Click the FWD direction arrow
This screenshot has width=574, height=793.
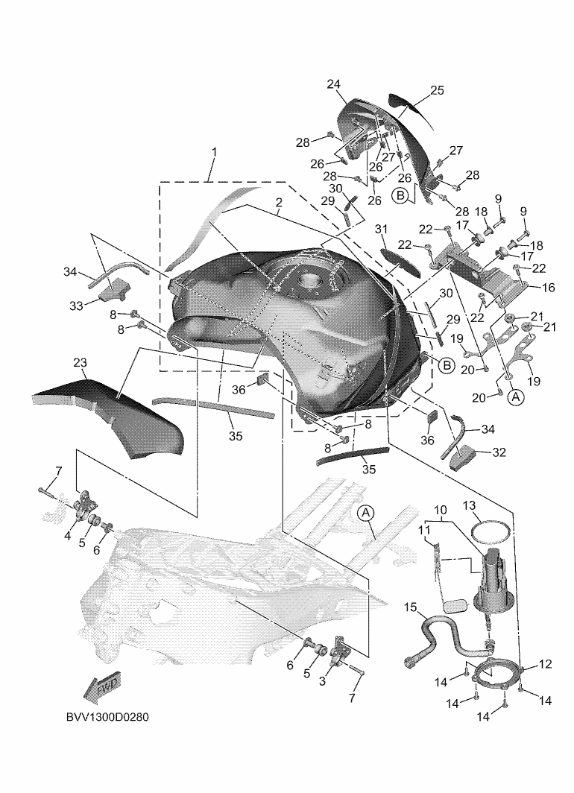(102, 689)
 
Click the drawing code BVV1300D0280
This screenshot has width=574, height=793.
(107, 717)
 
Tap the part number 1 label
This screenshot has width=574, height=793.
(215, 152)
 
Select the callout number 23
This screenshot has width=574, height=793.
(80, 363)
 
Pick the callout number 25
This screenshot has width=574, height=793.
(437, 90)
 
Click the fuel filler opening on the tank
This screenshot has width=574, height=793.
(306, 279)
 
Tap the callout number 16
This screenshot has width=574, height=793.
(548, 287)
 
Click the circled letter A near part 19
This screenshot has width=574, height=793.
(516, 397)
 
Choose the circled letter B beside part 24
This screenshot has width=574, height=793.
(400, 195)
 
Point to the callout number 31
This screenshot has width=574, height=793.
(381, 229)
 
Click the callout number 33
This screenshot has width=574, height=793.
(76, 306)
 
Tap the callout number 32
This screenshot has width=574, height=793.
(499, 452)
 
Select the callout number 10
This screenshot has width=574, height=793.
(440, 509)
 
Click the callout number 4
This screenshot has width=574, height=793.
(68, 536)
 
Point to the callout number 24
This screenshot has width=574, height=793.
(333, 84)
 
